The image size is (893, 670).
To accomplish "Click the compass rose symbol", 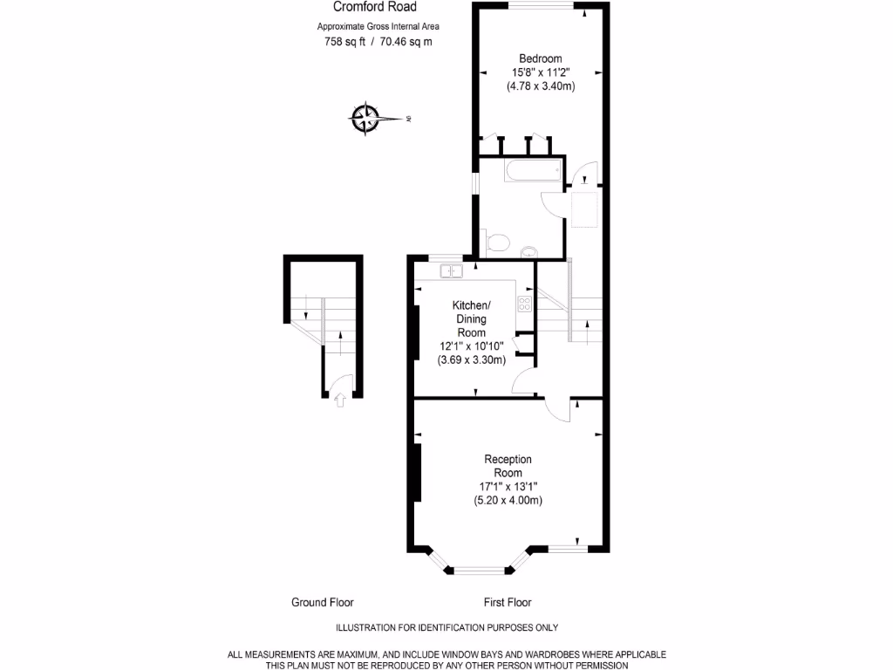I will coord(365,118).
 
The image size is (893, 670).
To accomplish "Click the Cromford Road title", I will coord(368,7).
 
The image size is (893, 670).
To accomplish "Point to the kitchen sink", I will coord(450,271).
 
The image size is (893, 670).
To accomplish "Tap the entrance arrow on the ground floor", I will coord(340,400).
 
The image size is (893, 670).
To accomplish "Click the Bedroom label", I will coord(540,58).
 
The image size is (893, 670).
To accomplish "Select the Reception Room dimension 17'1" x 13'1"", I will coord(508,486).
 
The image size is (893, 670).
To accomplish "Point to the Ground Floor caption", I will coord(322,602).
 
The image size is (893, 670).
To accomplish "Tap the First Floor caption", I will coord(508,602).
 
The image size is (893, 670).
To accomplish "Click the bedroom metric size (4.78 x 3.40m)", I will coord(540,86).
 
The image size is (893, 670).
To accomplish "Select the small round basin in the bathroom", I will coord(528,253).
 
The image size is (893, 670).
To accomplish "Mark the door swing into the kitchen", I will coord(523,381).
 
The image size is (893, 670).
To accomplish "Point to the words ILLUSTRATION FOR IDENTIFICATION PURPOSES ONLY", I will coord(446,627).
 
